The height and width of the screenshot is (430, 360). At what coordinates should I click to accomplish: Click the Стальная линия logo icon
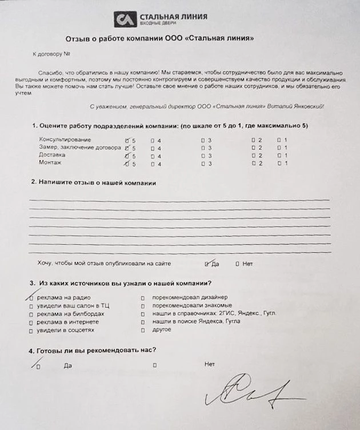point(124,19)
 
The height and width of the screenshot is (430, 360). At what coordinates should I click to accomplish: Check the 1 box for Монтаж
point(278,164)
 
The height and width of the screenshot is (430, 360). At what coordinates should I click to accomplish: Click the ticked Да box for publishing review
point(207,264)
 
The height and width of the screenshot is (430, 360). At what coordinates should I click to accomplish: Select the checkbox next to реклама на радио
point(31,297)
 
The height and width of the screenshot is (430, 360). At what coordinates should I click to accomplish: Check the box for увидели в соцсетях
point(31,330)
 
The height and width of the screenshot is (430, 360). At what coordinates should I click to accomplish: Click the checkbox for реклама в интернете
point(31,322)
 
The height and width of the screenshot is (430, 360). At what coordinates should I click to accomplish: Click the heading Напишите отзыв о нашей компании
point(97,182)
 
